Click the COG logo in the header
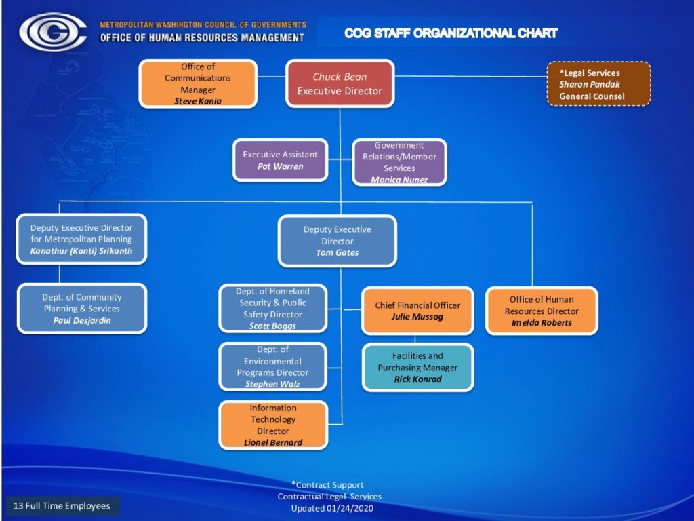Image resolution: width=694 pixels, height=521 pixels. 52,32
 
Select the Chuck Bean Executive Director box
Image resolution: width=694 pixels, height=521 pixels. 340,83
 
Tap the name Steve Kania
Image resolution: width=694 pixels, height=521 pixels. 198,101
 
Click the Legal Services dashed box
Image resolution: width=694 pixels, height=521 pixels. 599,84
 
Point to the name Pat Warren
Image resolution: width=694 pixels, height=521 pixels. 281,167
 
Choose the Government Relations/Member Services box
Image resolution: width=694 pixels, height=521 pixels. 399,162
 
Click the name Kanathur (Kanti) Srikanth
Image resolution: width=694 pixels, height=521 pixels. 81,251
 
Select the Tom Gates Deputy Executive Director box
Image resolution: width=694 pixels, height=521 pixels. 338,241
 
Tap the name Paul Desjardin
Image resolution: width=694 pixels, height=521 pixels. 82,320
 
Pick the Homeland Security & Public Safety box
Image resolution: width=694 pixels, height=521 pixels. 272,309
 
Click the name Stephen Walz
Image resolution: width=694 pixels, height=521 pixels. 272,384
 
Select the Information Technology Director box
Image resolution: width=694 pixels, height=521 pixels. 273,425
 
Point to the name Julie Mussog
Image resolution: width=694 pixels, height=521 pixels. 417,316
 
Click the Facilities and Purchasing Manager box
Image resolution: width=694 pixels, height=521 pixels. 417,367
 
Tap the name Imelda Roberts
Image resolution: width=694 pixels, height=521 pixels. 542,322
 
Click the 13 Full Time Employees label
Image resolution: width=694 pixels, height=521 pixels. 62,506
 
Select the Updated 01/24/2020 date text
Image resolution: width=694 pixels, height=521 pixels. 332,508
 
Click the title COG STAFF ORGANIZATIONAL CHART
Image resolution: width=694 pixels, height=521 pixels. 451,33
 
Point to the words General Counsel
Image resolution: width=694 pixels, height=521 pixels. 592,96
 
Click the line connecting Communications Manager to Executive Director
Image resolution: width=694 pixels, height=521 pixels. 271,77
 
